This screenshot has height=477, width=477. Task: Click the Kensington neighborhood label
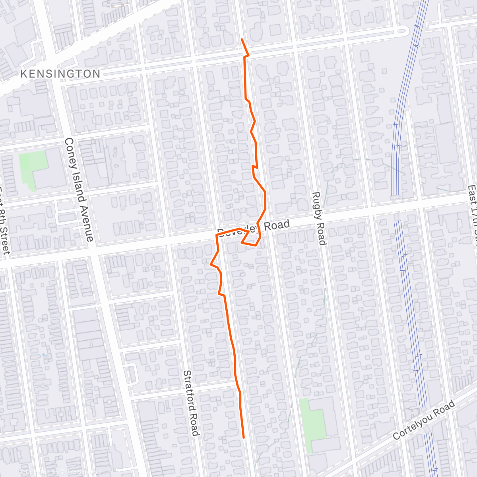(60, 74)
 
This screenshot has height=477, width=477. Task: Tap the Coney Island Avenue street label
(79, 190)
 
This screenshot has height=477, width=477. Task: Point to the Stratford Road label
(190, 403)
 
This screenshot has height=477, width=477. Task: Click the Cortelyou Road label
(424, 420)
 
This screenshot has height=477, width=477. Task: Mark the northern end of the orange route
(242, 39)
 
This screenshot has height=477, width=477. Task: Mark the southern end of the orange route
(243, 438)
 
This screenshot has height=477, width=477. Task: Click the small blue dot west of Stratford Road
(43, 354)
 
